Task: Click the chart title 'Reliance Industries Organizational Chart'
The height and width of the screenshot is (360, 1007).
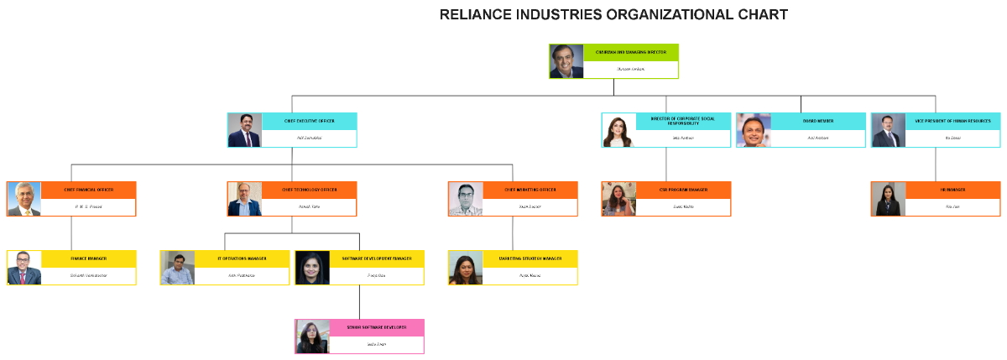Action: click(x=613, y=14)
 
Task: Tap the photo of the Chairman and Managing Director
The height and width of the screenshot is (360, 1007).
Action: click(x=566, y=61)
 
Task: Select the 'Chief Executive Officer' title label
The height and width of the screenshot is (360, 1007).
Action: click(x=309, y=121)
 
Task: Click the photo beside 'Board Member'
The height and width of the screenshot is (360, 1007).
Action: click(x=754, y=130)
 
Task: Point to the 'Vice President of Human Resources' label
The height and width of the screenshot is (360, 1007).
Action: click(x=952, y=121)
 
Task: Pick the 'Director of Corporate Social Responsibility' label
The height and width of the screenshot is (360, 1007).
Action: click(x=682, y=121)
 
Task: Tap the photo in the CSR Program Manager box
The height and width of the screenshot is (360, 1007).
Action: click(x=618, y=199)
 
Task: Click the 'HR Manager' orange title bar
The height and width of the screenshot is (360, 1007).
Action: click(x=952, y=190)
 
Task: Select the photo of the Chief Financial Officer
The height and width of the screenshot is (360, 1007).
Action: click(x=24, y=199)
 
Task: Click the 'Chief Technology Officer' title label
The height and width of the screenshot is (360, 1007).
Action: click(x=309, y=190)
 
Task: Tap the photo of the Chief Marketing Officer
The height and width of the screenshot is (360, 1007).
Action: click(x=466, y=199)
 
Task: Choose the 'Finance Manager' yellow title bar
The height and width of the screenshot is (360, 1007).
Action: click(x=88, y=258)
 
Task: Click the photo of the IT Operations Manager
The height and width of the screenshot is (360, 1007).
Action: click(x=178, y=268)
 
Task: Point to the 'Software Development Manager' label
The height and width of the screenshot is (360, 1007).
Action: click(x=376, y=258)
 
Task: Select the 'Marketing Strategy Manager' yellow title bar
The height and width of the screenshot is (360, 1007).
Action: click(x=530, y=258)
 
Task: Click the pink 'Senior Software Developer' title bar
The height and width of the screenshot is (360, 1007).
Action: click(x=376, y=327)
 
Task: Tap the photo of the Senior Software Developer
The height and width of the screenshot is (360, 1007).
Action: click(x=312, y=337)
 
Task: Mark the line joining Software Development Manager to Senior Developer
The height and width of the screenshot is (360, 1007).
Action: click(x=360, y=302)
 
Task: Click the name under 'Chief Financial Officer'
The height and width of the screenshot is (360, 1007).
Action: click(x=88, y=206)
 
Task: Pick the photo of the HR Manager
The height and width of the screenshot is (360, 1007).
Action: click(x=888, y=199)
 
